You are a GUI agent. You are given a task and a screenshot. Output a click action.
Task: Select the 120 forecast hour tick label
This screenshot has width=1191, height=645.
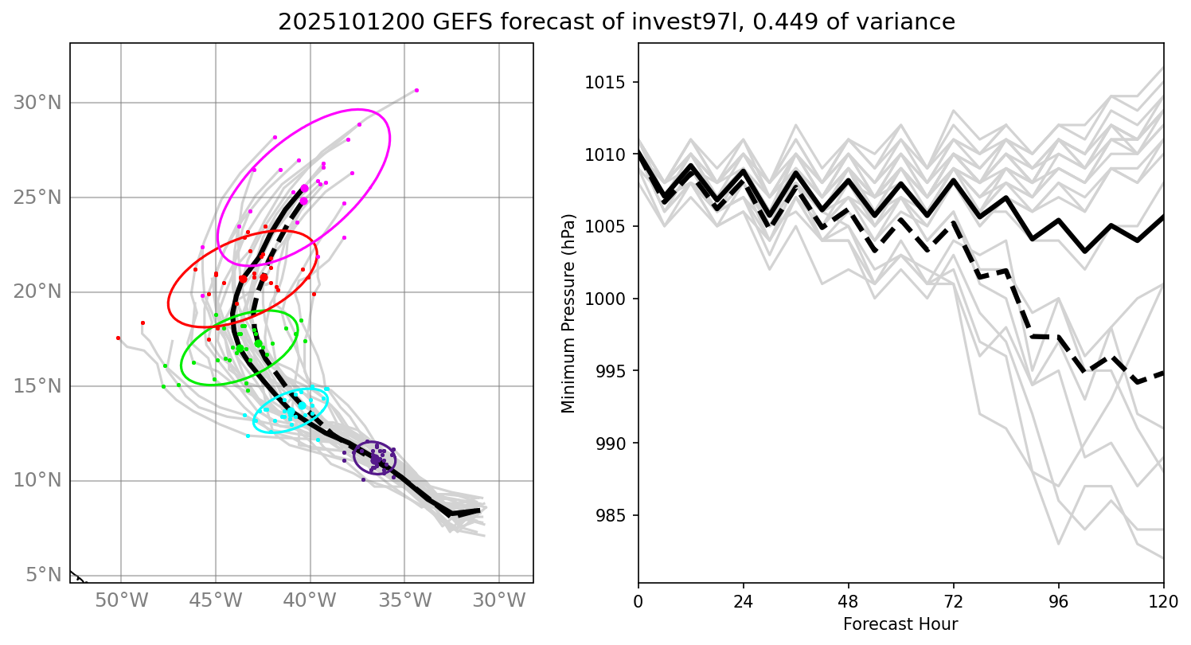pyautogui.click(x=1163, y=599)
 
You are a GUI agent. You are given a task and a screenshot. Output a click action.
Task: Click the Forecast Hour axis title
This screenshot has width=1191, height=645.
pyautogui.click(x=900, y=624)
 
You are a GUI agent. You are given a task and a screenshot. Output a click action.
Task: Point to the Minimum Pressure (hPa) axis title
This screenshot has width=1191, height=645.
pyautogui.click(x=568, y=314)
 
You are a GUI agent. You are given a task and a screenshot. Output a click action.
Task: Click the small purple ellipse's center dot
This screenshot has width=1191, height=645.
pyautogui.click(x=375, y=459)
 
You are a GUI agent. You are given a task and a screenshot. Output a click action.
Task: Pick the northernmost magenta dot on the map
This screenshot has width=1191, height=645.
pyautogui.click(x=416, y=90)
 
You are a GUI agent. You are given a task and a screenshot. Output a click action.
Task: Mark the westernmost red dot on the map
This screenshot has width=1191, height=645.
pyautogui.click(x=118, y=338)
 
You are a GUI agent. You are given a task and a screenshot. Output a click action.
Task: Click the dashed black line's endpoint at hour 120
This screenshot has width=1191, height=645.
pyautogui.click(x=1163, y=372)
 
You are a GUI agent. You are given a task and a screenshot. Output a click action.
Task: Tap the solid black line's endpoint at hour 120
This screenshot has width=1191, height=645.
pyautogui.click(x=1163, y=216)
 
